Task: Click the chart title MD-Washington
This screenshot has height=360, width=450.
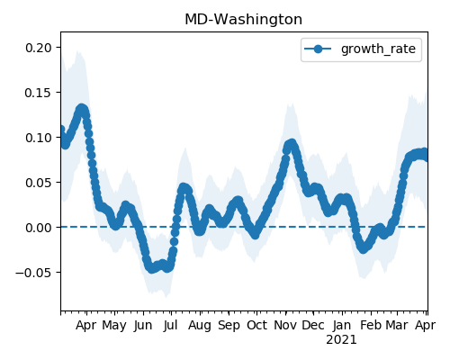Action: click(243, 20)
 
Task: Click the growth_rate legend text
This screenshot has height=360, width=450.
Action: click(378, 49)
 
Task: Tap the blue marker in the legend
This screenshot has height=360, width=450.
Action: click(318, 49)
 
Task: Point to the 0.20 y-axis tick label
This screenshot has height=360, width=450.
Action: click(39, 48)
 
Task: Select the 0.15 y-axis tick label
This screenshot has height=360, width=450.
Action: click(39, 93)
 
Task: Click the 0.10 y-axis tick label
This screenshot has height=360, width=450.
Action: click(39, 138)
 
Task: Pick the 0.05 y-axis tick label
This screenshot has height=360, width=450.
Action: click(39, 183)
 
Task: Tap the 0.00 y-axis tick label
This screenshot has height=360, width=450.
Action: click(39, 228)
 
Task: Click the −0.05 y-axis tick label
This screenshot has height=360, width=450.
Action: click(33, 273)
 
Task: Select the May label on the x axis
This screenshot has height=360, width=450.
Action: click(114, 326)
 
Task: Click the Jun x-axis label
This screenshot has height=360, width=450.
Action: click(143, 325)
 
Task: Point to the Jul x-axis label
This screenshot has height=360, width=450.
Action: click(171, 325)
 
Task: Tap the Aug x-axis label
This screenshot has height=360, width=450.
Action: click(200, 326)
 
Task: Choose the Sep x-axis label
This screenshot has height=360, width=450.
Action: click(229, 326)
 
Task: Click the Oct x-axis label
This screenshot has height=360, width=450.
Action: click(256, 325)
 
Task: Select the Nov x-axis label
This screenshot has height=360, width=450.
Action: click(285, 325)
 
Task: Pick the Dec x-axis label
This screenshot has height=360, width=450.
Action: click(313, 325)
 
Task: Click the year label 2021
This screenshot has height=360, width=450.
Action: click(342, 340)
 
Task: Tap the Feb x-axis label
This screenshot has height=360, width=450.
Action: click(371, 325)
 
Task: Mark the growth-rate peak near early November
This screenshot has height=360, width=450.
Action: click(291, 145)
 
